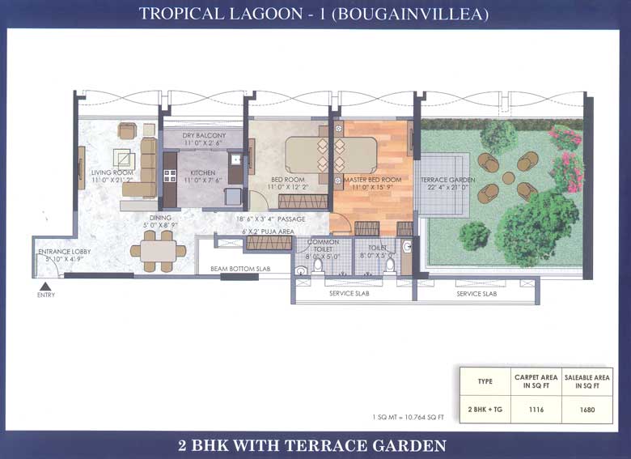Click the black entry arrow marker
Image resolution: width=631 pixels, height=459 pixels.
(46, 285)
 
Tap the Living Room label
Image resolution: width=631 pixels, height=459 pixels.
(112, 172)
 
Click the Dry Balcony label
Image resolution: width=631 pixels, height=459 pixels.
(204, 135)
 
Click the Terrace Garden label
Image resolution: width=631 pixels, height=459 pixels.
(447, 180)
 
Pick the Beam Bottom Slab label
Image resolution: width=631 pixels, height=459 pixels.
(240, 268)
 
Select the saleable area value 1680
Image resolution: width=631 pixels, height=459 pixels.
(587, 410)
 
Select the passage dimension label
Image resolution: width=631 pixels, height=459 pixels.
(270, 219)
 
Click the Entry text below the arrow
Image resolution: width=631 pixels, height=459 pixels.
(46, 295)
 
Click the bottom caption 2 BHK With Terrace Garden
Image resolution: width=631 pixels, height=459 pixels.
(315, 445)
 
